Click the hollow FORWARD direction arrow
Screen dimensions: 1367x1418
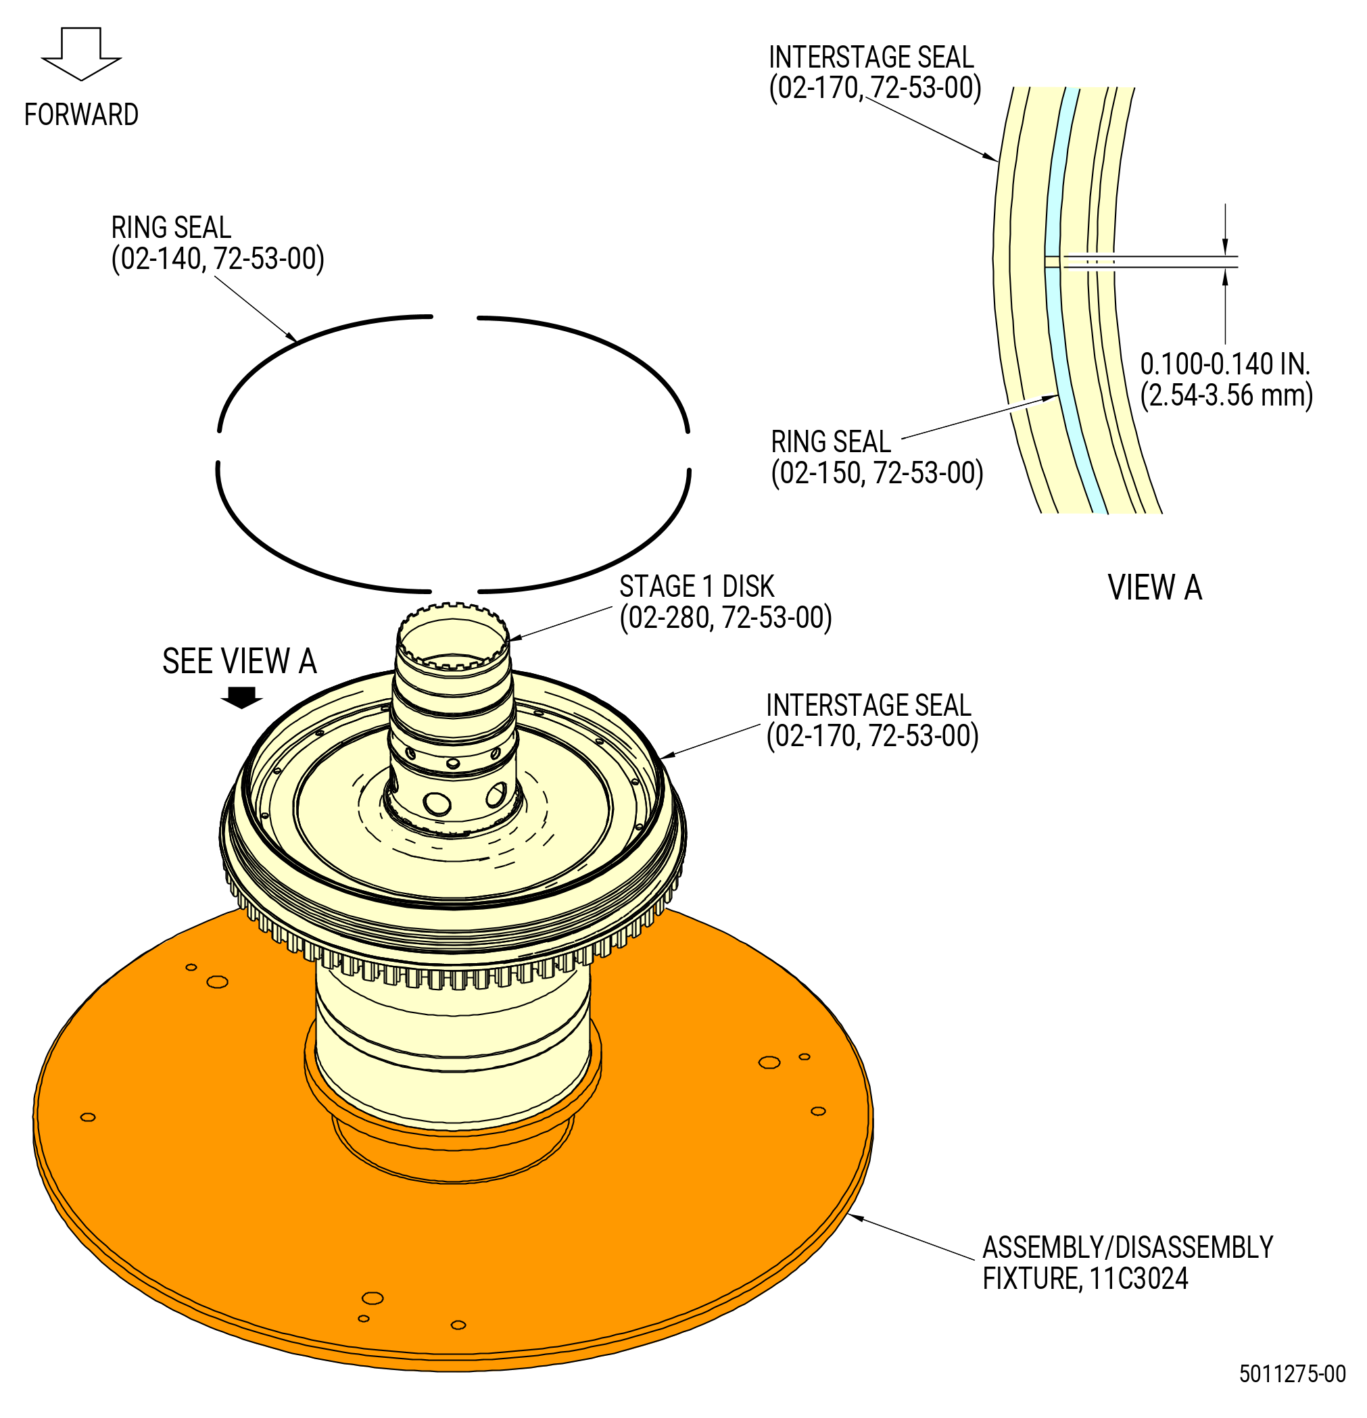(x=81, y=53)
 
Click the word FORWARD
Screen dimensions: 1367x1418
(x=81, y=114)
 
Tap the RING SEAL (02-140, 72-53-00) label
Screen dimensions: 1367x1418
(x=217, y=243)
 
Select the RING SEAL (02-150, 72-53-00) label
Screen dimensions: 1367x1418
(x=876, y=457)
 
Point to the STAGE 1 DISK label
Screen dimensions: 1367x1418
(x=725, y=602)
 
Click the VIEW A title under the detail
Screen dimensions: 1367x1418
(x=1154, y=587)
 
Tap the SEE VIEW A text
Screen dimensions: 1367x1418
(x=239, y=661)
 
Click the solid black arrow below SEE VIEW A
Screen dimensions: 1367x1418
(x=241, y=698)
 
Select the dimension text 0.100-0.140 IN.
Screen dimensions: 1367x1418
(x=1225, y=364)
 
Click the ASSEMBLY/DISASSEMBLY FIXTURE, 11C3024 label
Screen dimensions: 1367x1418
(x=1127, y=1263)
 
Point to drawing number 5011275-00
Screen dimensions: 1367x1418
(x=1292, y=1374)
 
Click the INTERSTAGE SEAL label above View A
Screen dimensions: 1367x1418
(x=874, y=72)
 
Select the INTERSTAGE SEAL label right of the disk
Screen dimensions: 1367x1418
(x=872, y=720)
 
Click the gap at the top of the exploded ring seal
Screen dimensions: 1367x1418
(x=454, y=317)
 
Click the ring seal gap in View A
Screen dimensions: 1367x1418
(x=1052, y=262)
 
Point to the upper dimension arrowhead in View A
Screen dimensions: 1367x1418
(x=1225, y=247)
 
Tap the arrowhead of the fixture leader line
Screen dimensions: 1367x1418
(x=855, y=1217)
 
